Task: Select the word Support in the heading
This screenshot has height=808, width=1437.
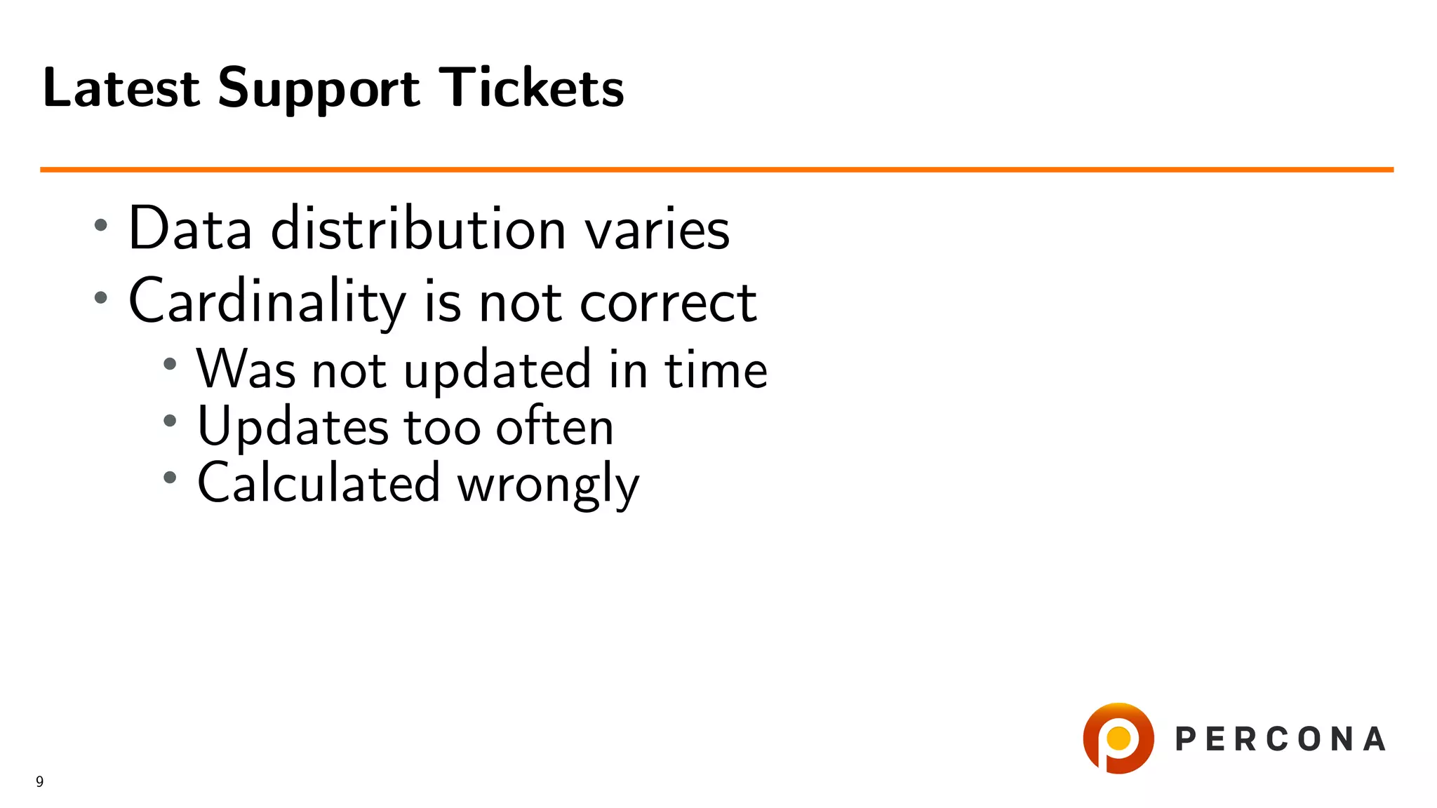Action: [319, 89]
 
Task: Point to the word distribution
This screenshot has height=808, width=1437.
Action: [418, 229]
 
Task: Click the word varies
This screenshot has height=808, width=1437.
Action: [657, 230]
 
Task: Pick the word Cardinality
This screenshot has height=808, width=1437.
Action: [267, 302]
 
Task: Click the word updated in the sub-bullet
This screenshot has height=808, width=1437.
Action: [497, 370]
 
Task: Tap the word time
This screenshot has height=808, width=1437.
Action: [716, 370]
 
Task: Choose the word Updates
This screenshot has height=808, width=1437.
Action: [293, 426]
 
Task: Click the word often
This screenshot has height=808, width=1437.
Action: [554, 426]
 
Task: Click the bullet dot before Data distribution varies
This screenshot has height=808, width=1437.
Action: [101, 225]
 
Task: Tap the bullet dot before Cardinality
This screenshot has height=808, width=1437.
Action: [101, 297]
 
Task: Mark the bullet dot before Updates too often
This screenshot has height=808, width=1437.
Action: [170, 421]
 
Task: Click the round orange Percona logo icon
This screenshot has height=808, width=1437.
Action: [1118, 738]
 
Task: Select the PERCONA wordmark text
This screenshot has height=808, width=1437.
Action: [1280, 739]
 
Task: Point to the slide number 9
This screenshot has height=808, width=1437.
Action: [40, 781]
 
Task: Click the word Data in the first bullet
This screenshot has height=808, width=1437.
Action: [190, 229]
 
